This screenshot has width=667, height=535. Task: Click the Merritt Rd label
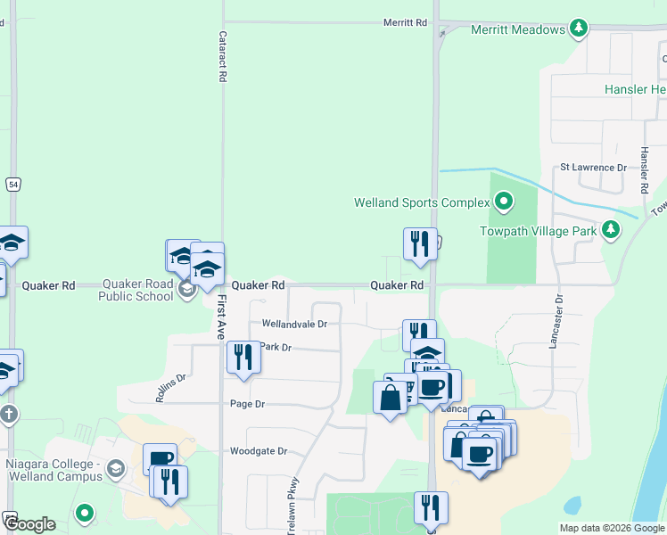click(x=406, y=22)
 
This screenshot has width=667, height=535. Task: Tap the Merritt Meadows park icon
click(x=580, y=29)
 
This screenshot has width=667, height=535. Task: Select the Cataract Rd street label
click(x=222, y=58)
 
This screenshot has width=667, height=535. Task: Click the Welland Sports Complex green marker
click(x=504, y=202)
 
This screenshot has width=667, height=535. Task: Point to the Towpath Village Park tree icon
click(x=611, y=230)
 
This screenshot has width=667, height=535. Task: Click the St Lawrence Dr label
click(x=593, y=167)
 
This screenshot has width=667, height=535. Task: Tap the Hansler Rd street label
click(x=643, y=170)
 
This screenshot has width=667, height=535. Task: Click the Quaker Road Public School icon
click(x=187, y=290)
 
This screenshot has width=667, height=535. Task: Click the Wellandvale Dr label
click(x=294, y=324)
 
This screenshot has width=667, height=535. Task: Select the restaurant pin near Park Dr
click(x=243, y=358)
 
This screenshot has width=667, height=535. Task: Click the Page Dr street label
click(x=248, y=404)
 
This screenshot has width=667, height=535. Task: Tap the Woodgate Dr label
click(x=258, y=451)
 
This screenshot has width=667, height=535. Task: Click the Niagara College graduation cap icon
click(x=115, y=468)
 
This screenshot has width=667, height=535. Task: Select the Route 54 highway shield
click(x=12, y=184)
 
